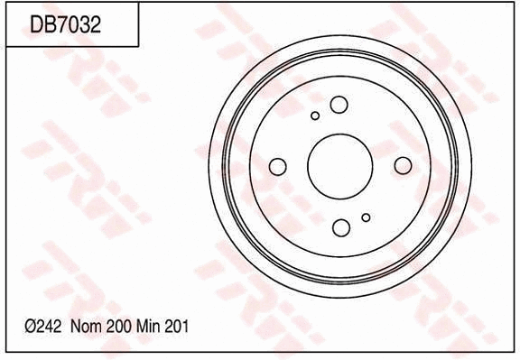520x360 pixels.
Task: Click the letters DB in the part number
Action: click(42, 25)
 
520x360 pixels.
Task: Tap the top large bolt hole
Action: click(339, 105)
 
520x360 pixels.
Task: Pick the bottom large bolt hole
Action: click(341, 226)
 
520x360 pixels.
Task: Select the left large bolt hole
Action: click(278, 166)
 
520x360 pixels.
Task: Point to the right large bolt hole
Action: click(403, 164)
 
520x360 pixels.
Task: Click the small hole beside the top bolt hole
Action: click(315, 115)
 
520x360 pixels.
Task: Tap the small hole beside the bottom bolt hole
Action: click(366, 217)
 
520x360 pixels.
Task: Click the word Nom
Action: click(86, 328)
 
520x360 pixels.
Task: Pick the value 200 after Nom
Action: click(118, 328)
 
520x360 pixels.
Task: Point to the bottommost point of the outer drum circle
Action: click(340, 298)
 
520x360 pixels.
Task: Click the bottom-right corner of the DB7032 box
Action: click(138, 46)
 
